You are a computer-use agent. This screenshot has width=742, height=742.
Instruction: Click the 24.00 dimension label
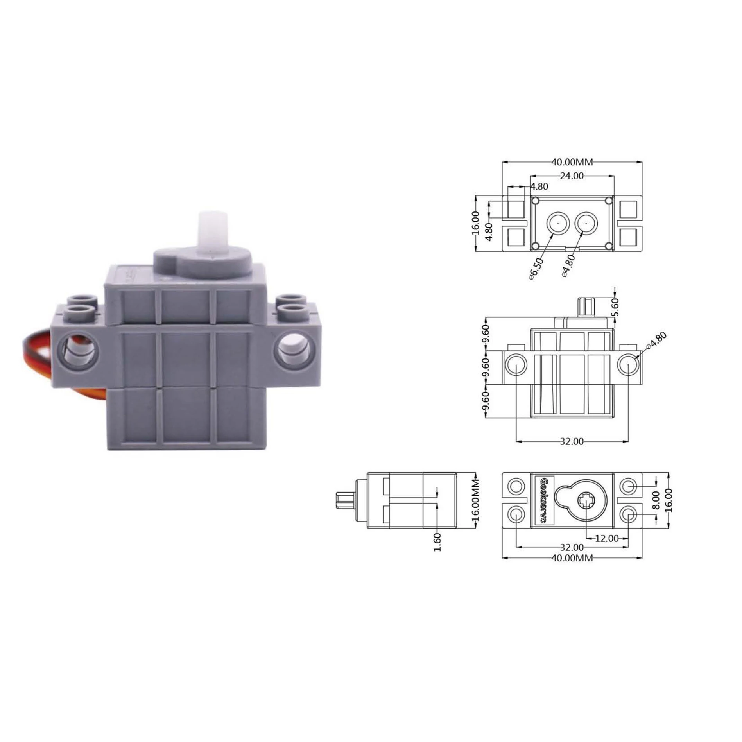(572, 176)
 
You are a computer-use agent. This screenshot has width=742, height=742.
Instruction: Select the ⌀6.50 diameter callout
(536, 269)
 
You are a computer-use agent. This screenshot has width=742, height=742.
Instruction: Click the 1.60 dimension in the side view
(437, 542)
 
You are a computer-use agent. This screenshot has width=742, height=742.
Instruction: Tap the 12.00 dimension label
(606, 538)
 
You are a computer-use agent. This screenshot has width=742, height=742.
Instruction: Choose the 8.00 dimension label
(656, 500)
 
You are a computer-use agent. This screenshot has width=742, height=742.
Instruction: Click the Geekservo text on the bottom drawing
(543, 500)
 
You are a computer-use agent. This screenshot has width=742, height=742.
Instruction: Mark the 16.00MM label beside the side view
(476, 501)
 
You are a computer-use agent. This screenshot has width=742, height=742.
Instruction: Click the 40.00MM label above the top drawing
(572, 161)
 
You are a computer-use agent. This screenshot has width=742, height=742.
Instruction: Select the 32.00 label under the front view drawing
(572, 441)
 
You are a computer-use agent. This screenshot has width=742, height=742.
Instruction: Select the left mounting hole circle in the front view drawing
(516, 364)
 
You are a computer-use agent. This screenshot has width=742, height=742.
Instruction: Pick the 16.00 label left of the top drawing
(475, 223)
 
